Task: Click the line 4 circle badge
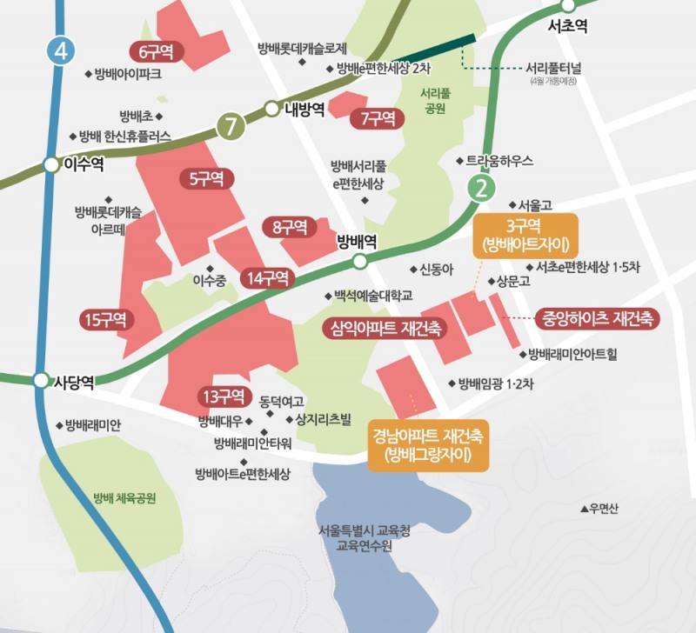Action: [60, 50]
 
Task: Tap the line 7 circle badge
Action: [231, 126]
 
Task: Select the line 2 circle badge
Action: [479, 187]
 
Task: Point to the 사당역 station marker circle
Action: [41, 381]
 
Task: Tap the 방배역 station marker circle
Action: [360, 259]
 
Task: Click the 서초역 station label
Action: [568, 27]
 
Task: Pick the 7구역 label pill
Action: [377, 118]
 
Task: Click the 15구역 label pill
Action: [105, 319]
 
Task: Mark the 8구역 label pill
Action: [289, 228]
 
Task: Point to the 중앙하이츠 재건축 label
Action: [598, 317]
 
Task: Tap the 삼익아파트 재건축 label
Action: [383, 328]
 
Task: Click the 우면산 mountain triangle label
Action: [601, 509]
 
